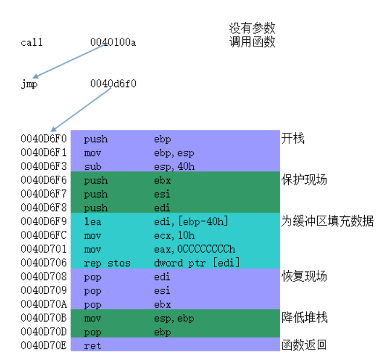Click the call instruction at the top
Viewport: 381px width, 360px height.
(x=32, y=42)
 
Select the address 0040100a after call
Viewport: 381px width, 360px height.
(x=113, y=42)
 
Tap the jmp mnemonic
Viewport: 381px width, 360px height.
(x=29, y=84)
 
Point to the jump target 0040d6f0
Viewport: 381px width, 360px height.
(x=113, y=84)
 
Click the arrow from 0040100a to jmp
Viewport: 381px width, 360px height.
(x=69, y=60)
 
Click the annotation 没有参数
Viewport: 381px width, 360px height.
(x=252, y=28)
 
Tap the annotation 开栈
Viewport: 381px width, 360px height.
(x=292, y=139)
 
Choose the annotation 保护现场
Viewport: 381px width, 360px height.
(x=304, y=180)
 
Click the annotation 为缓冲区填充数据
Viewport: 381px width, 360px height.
(x=327, y=221)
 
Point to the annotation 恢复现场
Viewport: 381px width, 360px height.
(x=304, y=276)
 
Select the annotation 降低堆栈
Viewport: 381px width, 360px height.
(x=304, y=318)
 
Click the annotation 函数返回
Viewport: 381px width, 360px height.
(x=304, y=346)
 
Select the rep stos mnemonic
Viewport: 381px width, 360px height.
(x=107, y=263)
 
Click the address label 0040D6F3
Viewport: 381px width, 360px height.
(x=43, y=166)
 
